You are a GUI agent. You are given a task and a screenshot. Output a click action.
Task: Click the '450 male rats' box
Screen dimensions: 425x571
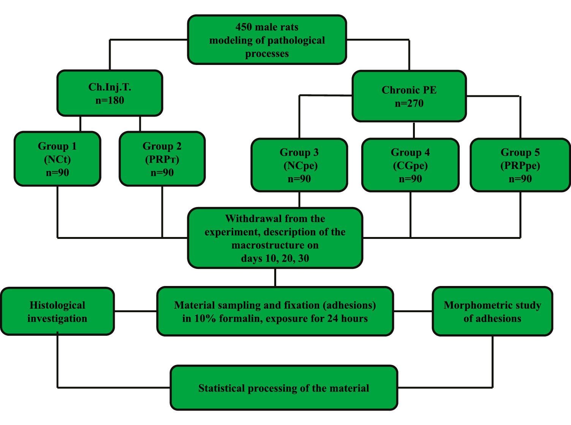pyautogui.click(x=267, y=40)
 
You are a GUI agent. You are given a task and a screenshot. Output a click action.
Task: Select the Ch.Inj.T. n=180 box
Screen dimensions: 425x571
pyautogui.click(x=110, y=93)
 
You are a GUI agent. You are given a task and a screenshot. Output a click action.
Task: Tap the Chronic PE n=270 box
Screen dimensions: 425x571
pyautogui.click(x=409, y=96)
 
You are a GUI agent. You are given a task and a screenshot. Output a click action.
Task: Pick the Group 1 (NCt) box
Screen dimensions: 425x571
pyautogui.click(x=57, y=159)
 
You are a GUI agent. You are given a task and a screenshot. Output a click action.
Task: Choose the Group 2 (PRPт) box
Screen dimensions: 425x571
pyautogui.click(x=162, y=159)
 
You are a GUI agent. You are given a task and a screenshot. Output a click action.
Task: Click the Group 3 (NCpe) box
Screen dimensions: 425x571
pyautogui.click(x=299, y=165)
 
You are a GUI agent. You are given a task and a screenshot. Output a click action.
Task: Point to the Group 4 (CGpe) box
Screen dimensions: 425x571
pyautogui.click(x=410, y=165)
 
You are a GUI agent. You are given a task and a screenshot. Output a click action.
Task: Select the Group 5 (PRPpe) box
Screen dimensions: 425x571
pyautogui.click(x=520, y=165)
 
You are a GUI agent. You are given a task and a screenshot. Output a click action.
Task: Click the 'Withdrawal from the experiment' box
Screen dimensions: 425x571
pyautogui.click(x=275, y=238)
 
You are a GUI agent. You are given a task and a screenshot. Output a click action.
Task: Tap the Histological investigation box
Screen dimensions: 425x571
pyautogui.click(x=57, y=311)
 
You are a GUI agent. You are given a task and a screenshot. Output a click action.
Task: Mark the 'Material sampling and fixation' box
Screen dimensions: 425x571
pyautogui.click(x=275, y=311)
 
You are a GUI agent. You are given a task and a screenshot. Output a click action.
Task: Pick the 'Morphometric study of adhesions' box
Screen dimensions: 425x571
pyautogui.click(x=492, y=311)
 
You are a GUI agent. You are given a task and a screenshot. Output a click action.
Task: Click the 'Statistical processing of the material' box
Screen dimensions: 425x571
pyautogui.click(x=284, y=388)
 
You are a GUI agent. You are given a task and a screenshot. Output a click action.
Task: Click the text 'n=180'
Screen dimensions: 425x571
pyautogui.click(x=110, y=100)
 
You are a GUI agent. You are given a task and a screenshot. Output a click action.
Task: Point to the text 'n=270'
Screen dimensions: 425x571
pyautogui.click(x=409, y=103)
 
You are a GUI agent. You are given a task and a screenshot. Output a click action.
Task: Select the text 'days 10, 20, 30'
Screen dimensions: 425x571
pyautogui.click(x=275, y=259)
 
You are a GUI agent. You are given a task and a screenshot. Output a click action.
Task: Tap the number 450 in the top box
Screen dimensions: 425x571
pyautogui.click(x=243, y=27)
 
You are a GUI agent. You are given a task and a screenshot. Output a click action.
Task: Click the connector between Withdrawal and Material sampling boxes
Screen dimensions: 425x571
pyautogui.click(x=275, y=277)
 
